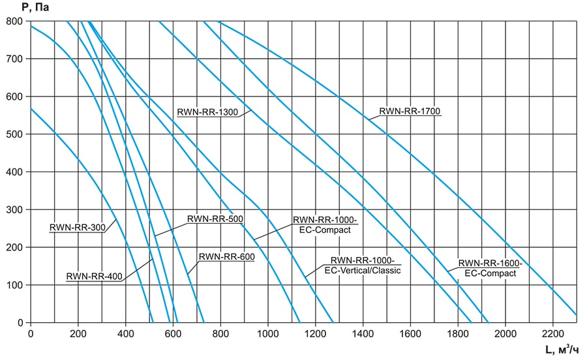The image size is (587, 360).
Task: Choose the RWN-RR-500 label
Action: point(215,219)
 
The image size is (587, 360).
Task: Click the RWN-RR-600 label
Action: point(226,256)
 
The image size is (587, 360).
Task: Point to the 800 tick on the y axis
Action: point(15,21)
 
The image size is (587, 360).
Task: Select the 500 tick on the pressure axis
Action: point(15,134)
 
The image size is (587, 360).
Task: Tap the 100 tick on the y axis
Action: point(15,285)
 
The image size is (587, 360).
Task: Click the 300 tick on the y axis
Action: point(15,209)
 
